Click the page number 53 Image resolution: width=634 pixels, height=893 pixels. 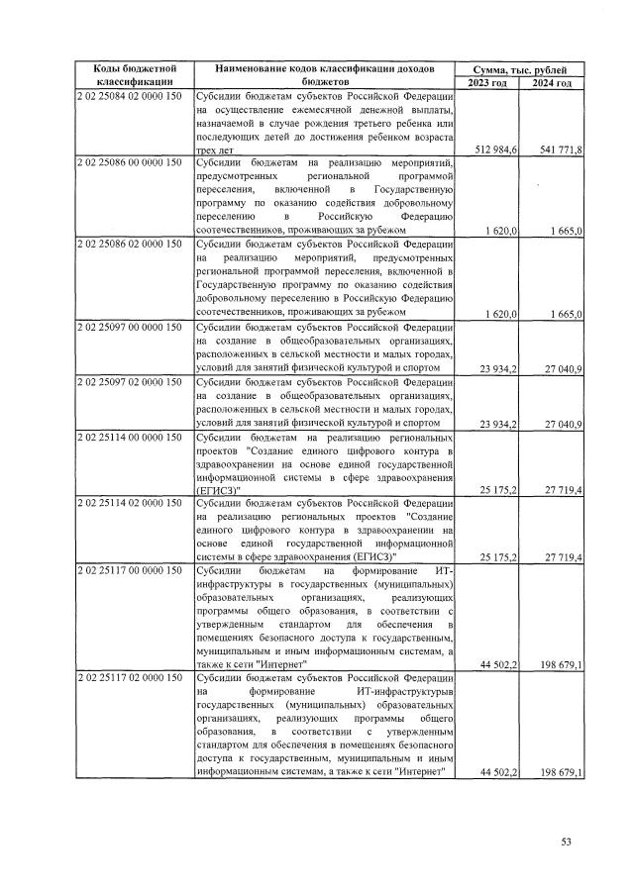point(567,842)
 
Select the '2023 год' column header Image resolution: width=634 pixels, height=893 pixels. point(487,83)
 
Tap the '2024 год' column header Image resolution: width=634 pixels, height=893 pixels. point(551,83)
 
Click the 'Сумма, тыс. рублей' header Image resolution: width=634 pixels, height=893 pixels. point(520,68)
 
